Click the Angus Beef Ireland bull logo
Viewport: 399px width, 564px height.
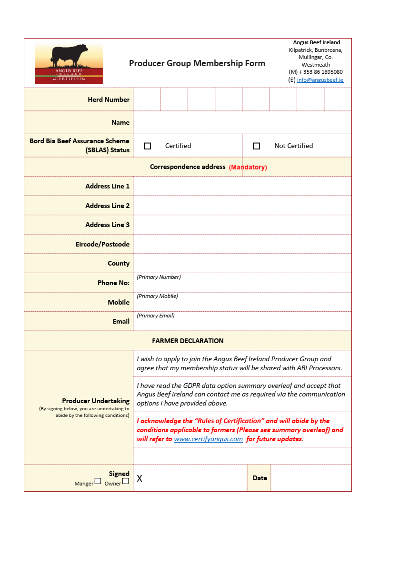tap(69, 63)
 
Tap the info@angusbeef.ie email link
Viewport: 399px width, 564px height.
tap(320, 80)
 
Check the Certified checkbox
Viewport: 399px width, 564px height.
tap(148, 146)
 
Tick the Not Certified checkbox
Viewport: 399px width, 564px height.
tap(257, 146)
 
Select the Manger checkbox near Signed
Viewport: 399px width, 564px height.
tap(98, 481)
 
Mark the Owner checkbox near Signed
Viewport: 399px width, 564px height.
tap(125, 481)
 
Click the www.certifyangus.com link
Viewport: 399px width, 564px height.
tap(208, 439)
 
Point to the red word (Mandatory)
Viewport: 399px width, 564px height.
tap(248, 167)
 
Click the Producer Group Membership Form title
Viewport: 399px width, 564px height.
tap(197, 63)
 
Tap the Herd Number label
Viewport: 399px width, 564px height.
tap(109, 99)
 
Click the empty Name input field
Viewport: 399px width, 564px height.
tap(242, 122)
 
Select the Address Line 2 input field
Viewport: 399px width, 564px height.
tap(242, 206)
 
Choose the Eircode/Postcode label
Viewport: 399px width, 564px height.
tap(102, 244)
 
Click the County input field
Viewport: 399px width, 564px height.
tap(242, 263)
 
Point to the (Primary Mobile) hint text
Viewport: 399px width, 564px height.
tap(157, 296)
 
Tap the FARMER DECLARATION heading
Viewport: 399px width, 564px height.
tap(188, 341)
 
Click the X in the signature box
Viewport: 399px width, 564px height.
tap(140, 478)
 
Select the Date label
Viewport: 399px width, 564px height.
tap(259, 478)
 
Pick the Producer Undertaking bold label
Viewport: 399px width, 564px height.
tap(96, 401)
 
